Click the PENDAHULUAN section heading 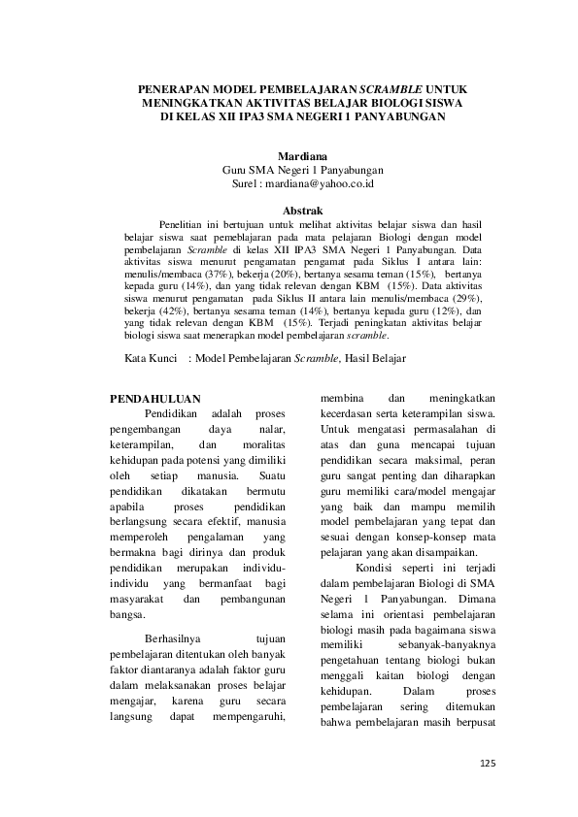[x=154, y=398]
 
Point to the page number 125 [x=488, y=764]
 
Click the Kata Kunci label [x=152, y=358]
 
